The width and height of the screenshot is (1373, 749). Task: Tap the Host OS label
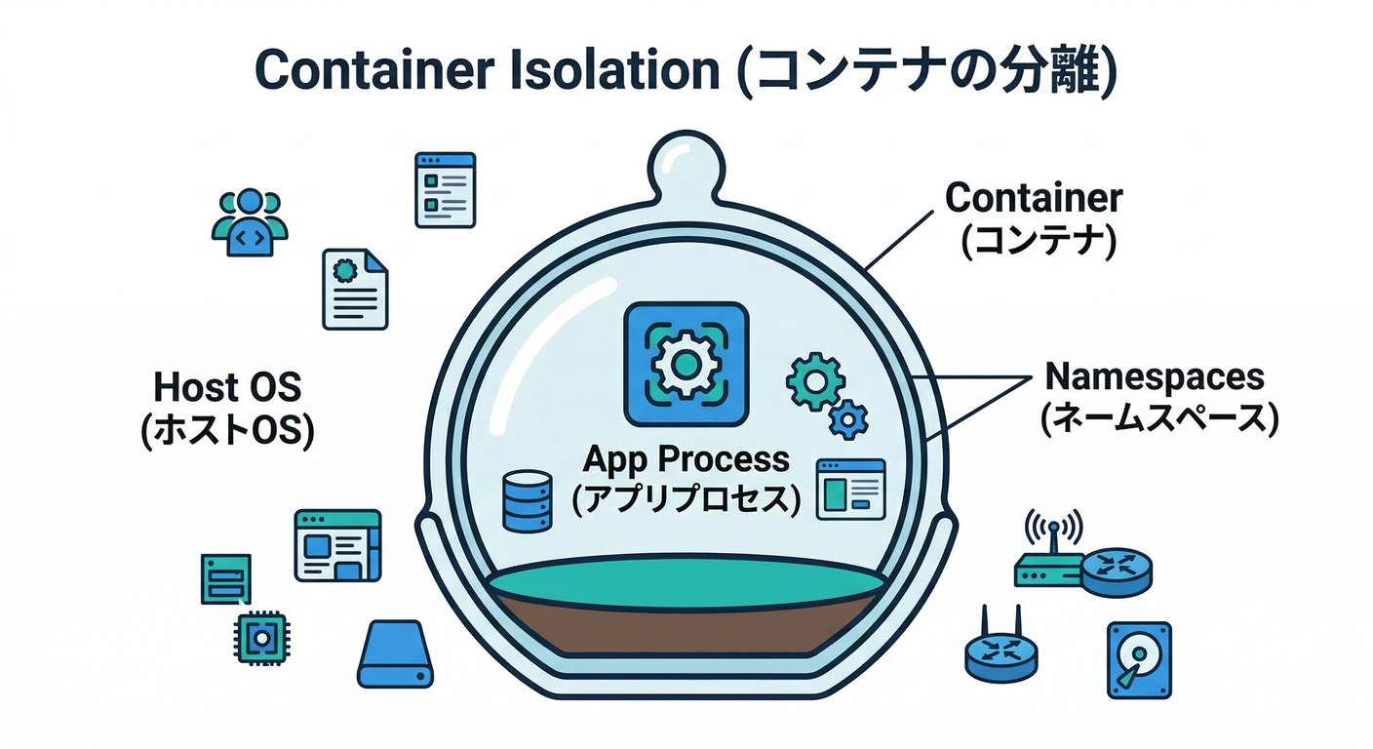pyautogui.click(x=227, y=387)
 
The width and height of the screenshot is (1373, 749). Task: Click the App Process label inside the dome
pyautogui.click(x=686, y=458)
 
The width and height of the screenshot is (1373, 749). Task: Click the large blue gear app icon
pyautogui.click(x=686, y=364)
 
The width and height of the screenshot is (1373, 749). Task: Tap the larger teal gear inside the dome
pyautogui.click(x=813, y=381)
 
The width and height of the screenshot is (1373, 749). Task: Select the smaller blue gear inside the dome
pyautogui.click(x=847, y=418)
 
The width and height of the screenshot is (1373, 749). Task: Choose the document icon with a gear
pyautogui.click(x=355, y=288)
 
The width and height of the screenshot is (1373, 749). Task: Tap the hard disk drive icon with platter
pyautogui.click(x=1139, y=659)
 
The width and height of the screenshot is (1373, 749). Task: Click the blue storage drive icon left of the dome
pyautogui.click(x=395, y=655)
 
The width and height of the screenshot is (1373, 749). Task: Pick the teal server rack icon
pyautogui.click(x=225, y=579)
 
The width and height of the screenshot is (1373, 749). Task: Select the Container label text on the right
pyautogui.click(x=1035, y=199)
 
